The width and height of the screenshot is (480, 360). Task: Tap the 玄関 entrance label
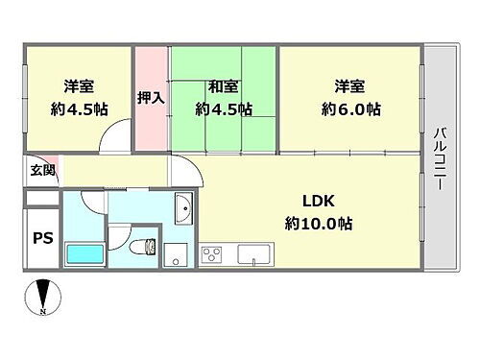point(41,171)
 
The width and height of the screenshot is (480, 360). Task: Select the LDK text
point(318,203)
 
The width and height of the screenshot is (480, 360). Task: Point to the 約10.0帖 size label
point(318,223)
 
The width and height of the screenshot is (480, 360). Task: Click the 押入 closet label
point(151,97)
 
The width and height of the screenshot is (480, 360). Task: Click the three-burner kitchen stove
point(211,254)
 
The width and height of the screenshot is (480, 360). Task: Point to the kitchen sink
point(253,254)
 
